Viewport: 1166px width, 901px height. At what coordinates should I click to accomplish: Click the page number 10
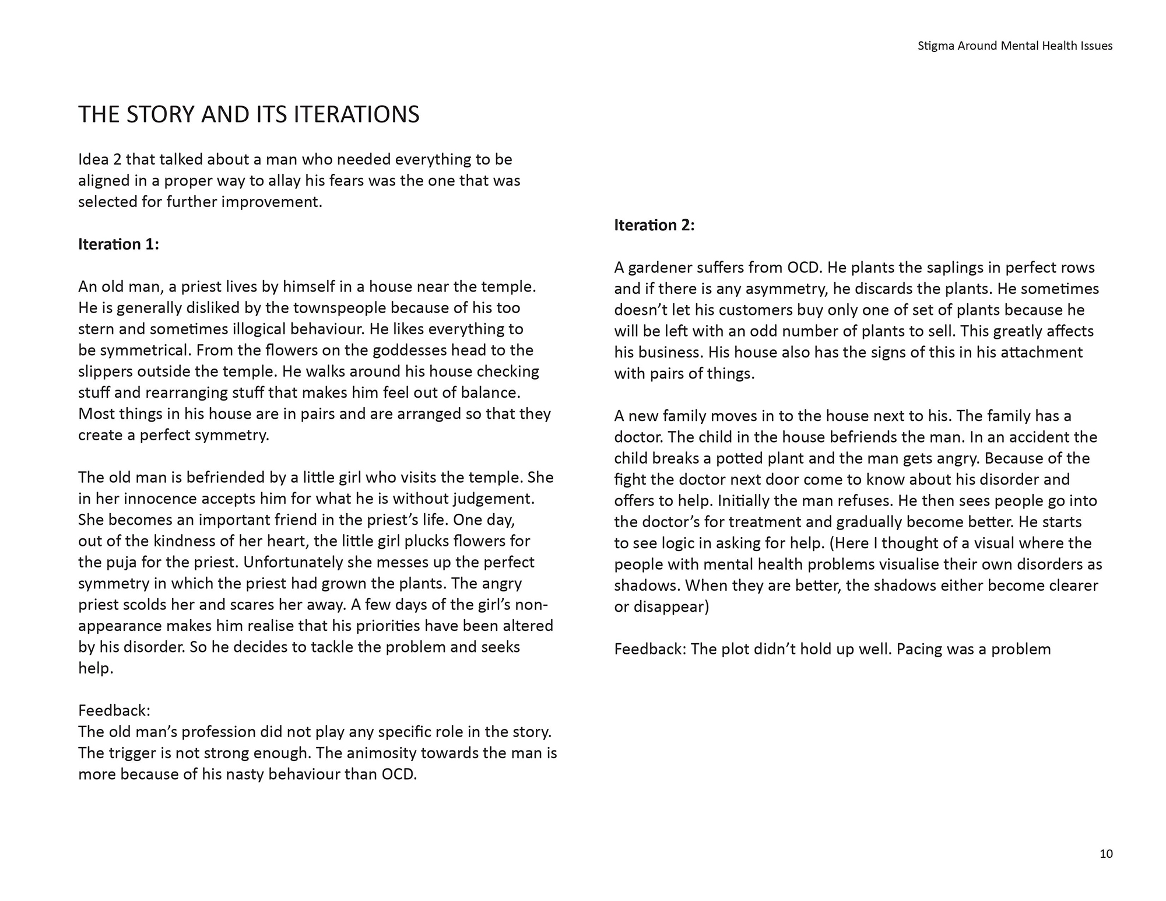1105,854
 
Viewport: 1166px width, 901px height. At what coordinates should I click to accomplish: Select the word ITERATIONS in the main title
356,114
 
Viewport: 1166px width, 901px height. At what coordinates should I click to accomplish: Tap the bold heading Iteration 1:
118,244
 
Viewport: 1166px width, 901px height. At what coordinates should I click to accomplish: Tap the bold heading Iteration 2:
654,225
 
